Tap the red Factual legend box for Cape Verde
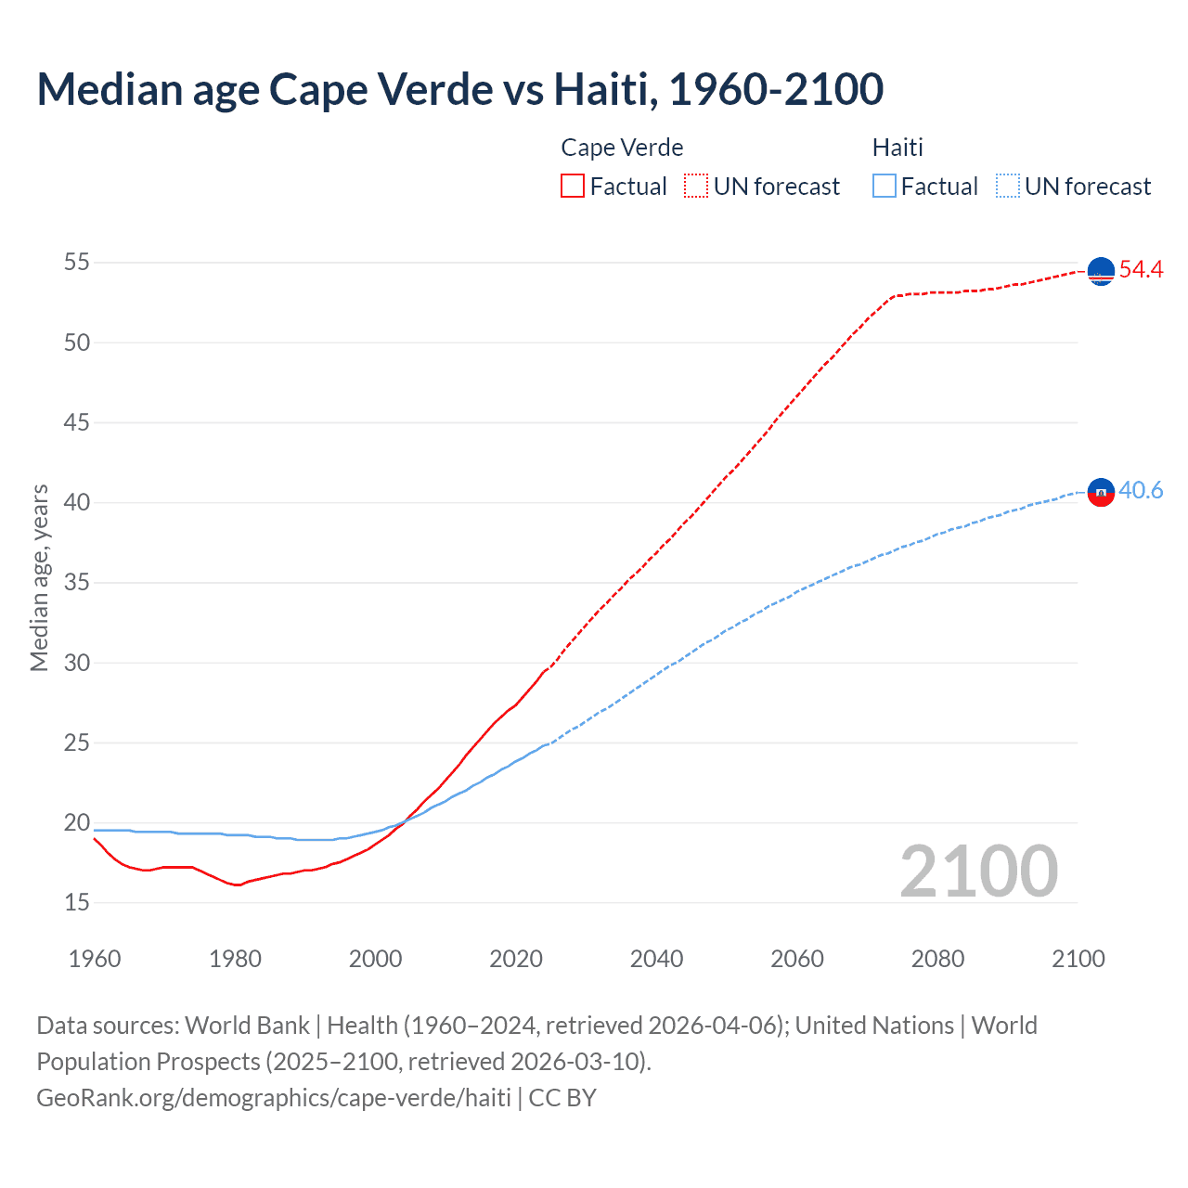(573, 187)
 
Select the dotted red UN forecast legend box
(696, 187)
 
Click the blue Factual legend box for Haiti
(885, 187)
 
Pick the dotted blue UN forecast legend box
(1007, 187)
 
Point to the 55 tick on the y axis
(77, 263)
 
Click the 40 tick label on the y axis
(77, 503)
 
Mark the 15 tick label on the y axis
(77, 903)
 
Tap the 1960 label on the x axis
(95, 959)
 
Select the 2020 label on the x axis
(516, 959)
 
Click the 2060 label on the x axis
(797, 959)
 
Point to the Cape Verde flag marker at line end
(1101, 271)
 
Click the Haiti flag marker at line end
(1101, 492)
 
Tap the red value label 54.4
(1141, 270)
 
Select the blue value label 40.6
(1141, 491)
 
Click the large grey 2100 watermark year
(979, 872)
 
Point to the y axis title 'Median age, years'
(39, 577)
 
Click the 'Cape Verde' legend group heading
(622, 148)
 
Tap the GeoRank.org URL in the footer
(274, 1098)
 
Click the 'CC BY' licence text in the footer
(562, 1098)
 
